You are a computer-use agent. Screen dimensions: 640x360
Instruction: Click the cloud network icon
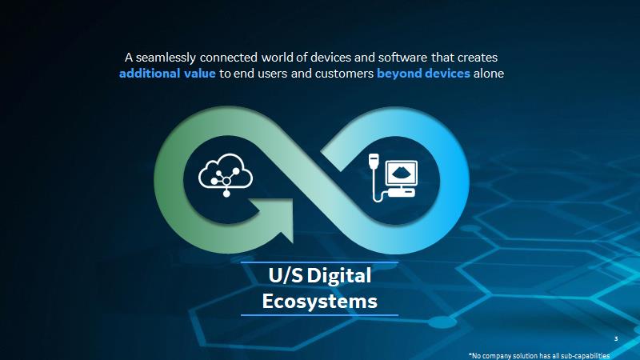[x=226, y=174]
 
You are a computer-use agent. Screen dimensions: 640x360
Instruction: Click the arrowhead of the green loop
[x=274, y=219]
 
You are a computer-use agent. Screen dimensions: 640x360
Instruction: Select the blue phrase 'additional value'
[x=167, y=74]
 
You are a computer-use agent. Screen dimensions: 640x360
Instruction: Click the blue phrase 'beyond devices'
[x=423, y=74]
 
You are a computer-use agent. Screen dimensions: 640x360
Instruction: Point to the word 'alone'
[x=489, y=74]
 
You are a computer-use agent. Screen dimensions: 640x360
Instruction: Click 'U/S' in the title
[x=286, y=275]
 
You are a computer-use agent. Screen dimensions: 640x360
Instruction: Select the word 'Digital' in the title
[x=339, y=276]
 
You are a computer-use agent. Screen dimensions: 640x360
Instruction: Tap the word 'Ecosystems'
[x=319, y=302]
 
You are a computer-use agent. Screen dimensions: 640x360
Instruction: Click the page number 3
[x=616, y=338]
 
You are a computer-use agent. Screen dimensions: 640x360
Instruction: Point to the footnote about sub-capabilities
[x=539, y=356]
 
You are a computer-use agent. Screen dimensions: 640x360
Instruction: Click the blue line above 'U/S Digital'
[x=319, y=262]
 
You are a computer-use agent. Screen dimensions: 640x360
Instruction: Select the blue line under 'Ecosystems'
[x=319, y=315]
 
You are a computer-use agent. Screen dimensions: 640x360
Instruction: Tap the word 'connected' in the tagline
[x=229, y=57]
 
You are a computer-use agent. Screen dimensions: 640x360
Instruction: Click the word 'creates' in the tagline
[x=477, y=58]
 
